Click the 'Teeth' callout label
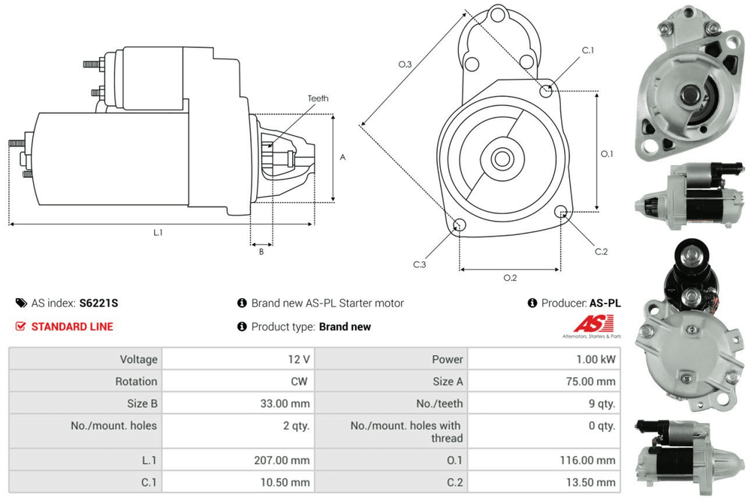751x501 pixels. pos(318,98)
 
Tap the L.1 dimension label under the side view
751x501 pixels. pos(158,233)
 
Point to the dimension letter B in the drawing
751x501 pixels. pos(261,252)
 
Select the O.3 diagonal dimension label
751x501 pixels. pos(405,65)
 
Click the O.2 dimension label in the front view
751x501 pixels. pos(510,278)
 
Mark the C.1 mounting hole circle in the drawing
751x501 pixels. pos(547,91)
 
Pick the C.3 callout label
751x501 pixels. pos(420,264)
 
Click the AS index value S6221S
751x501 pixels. pos(98,303)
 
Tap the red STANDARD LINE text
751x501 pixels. pos(72,327)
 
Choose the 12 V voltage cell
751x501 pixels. pos(300,360)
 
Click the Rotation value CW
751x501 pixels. pos(299,382)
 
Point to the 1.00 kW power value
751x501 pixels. pos(596,360)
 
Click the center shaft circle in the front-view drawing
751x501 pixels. pos(502,158)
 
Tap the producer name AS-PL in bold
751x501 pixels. pos(605,303)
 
